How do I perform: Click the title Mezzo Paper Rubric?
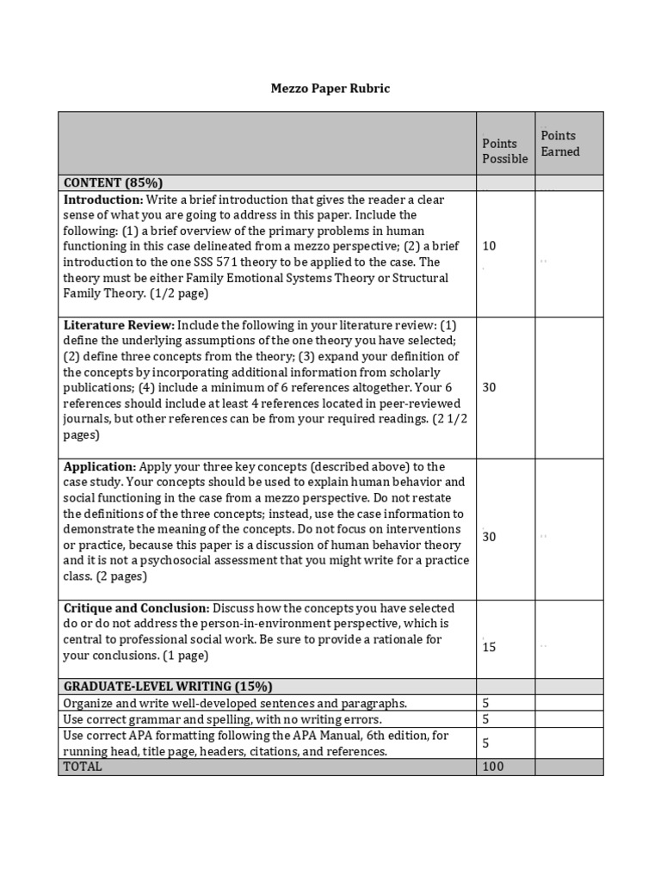click(x=331, y=89)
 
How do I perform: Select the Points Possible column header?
click(x=504, y=151)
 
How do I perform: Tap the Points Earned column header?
click(x=560, y=143)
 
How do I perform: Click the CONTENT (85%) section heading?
click(x=113, y=182)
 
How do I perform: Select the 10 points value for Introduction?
click(x=489, y=246)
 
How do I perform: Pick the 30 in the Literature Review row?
click(x=489, y=387)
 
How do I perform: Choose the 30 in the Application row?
click(x=489, y=537)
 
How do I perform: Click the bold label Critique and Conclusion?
click(x=136, y=607)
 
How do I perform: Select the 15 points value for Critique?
click(x=489, y=647)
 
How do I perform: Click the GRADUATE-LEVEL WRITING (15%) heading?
click(x=168, y=686)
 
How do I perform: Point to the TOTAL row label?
click(x=82, y=766)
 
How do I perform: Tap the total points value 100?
click(x=492, y=766)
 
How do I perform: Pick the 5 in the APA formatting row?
click(x=485, y=742)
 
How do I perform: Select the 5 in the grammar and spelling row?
click(x=485, y=718)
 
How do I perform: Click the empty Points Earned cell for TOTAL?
click(x=569, y=766)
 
